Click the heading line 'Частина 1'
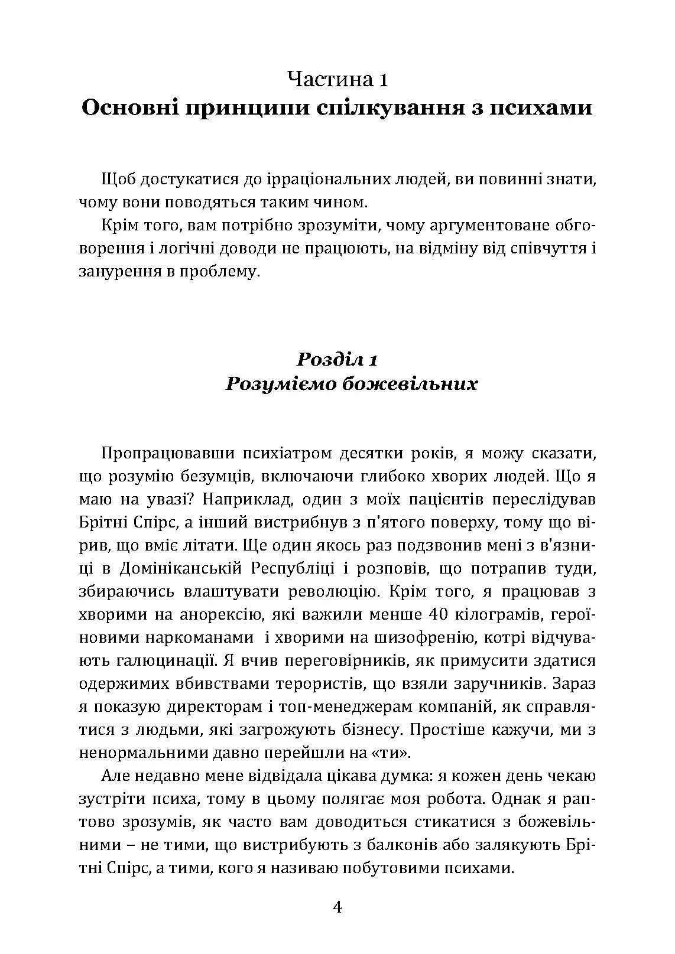click(337, 79)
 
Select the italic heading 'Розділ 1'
click(337, 359)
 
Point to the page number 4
click(337, 907)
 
